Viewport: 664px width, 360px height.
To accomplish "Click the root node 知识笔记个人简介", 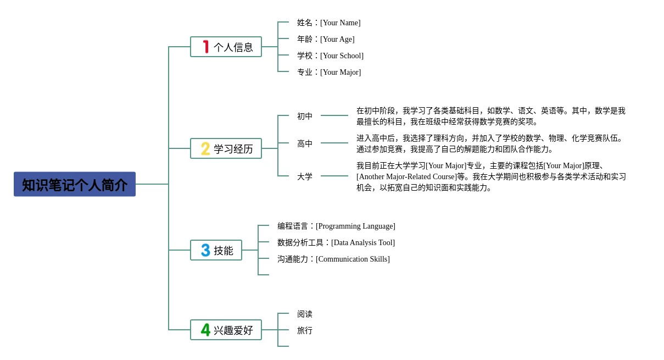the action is tap(75, 184).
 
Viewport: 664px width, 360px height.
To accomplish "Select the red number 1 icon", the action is tap(206, 47).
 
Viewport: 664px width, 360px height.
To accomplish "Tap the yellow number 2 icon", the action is tap(205, 148).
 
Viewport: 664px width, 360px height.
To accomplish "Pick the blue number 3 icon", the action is tap(205, 250).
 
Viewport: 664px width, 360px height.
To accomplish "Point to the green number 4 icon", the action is tap(205, 330).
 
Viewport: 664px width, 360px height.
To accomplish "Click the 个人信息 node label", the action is tap(233, 47).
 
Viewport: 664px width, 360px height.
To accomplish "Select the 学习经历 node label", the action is tap(233, 149).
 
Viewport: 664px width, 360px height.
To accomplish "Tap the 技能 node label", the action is tap(224, 251).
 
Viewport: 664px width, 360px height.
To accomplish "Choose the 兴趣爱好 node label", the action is tap(233, 330).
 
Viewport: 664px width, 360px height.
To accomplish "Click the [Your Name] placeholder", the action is tap(341, 23).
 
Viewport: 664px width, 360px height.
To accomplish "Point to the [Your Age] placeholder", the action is tap(337, 39).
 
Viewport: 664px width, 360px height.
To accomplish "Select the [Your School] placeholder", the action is tap(342, 56).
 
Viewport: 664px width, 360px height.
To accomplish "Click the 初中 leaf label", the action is tap(305, 116).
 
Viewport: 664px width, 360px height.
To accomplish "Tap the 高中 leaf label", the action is tap(305, 143).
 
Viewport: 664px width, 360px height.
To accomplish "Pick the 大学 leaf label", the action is tap(305, 176).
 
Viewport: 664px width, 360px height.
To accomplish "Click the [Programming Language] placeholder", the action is tap(355, 226).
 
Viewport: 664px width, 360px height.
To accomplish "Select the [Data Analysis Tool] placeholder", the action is tap(363, 242).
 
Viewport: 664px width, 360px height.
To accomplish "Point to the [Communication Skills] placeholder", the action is tap(353, 259).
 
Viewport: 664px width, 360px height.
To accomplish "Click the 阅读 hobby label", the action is tap(305, 314).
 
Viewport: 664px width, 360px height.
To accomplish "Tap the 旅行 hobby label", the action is tap(305, 330).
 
